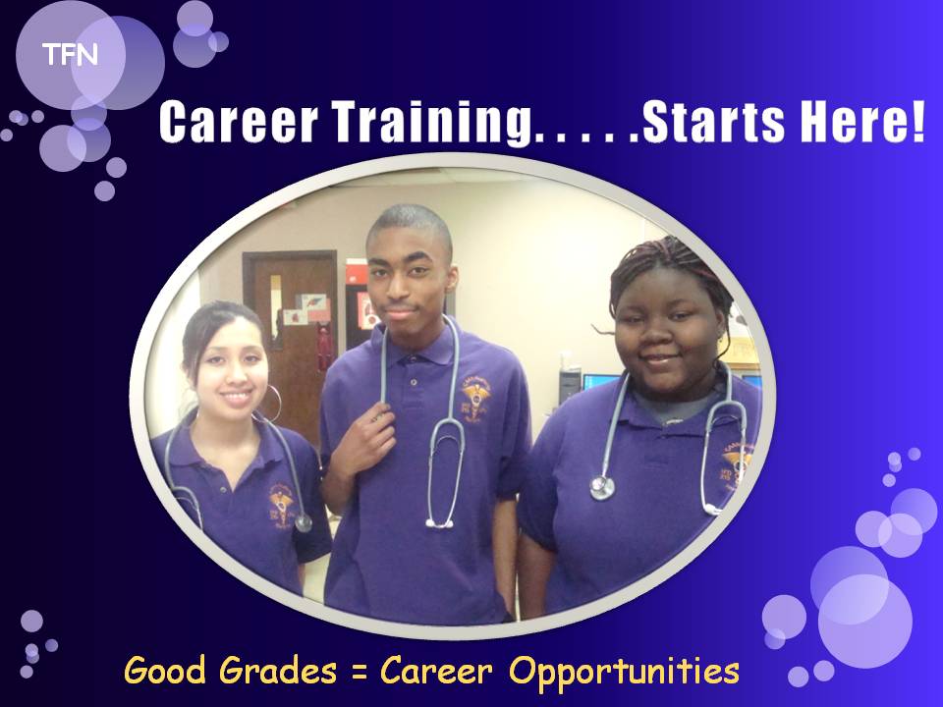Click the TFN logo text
70,55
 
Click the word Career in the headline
238,122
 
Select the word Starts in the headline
714,122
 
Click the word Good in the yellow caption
165,670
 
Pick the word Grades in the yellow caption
277,670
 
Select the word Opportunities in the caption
624,672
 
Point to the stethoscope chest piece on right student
602,487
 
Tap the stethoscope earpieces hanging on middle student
439,524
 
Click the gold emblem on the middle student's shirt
475,396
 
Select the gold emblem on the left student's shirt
282,504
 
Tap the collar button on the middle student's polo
414,382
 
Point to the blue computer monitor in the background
599,382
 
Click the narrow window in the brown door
275,311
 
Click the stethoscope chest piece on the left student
304,522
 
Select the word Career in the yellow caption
436,670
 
